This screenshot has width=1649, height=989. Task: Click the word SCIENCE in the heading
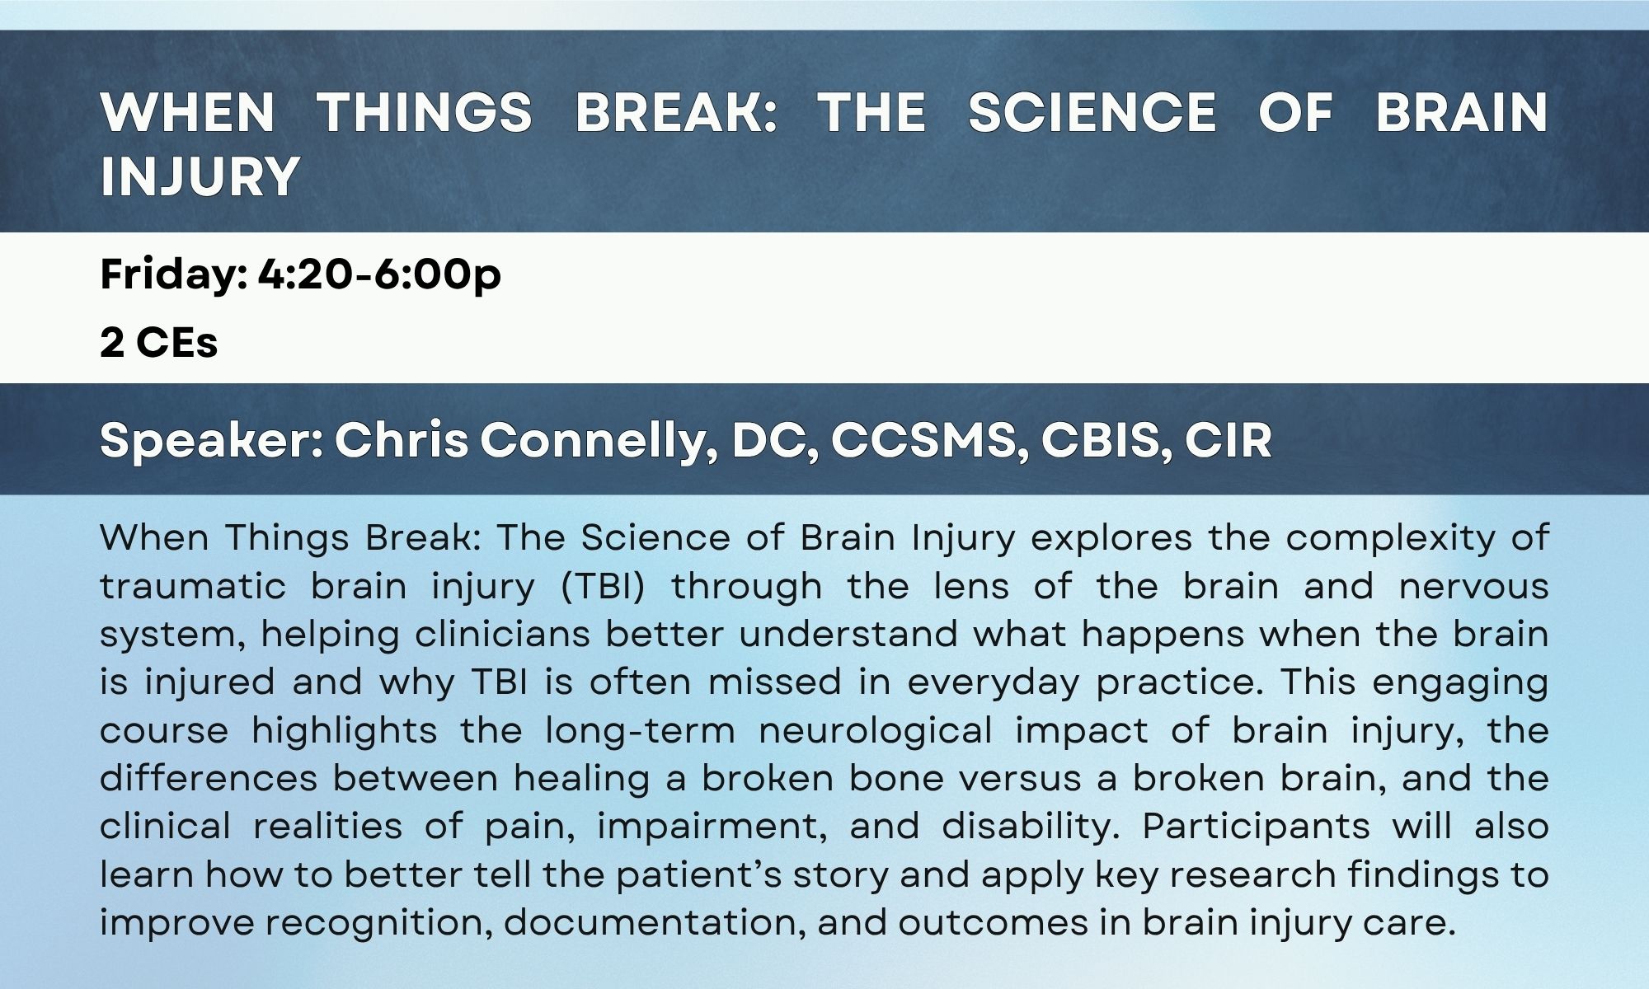point(1092,112)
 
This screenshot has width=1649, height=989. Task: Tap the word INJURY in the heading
point(200,176)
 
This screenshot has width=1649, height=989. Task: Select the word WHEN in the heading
point(187,112)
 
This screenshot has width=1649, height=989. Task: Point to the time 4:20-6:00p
point(379,274)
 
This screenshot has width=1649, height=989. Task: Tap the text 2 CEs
point(159,342)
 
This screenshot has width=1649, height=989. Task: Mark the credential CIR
point(1229,441)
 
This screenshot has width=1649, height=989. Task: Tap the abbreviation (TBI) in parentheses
point(603,587)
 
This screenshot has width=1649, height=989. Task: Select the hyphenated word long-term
point(640,731)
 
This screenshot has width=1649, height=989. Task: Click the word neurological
point(875,731)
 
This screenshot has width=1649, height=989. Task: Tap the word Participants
point(1256,827)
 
